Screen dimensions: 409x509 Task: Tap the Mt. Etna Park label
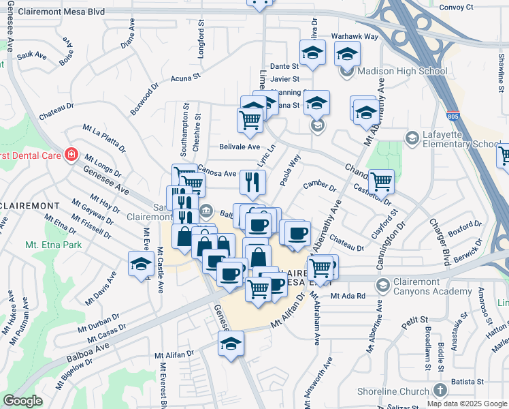tap(53, 245)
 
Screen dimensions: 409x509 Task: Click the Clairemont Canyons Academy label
tap(433, 285)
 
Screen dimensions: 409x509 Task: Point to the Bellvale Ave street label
tap(240, 147)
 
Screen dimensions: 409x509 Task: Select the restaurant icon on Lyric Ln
tap(252, 182)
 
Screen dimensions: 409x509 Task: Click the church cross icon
tap(440, 390)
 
